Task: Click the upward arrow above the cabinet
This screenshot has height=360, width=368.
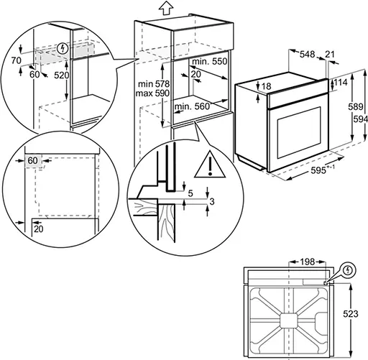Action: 166,8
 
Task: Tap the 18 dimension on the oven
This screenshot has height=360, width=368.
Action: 266,87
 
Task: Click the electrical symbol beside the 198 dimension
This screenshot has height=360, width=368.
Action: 349,271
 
